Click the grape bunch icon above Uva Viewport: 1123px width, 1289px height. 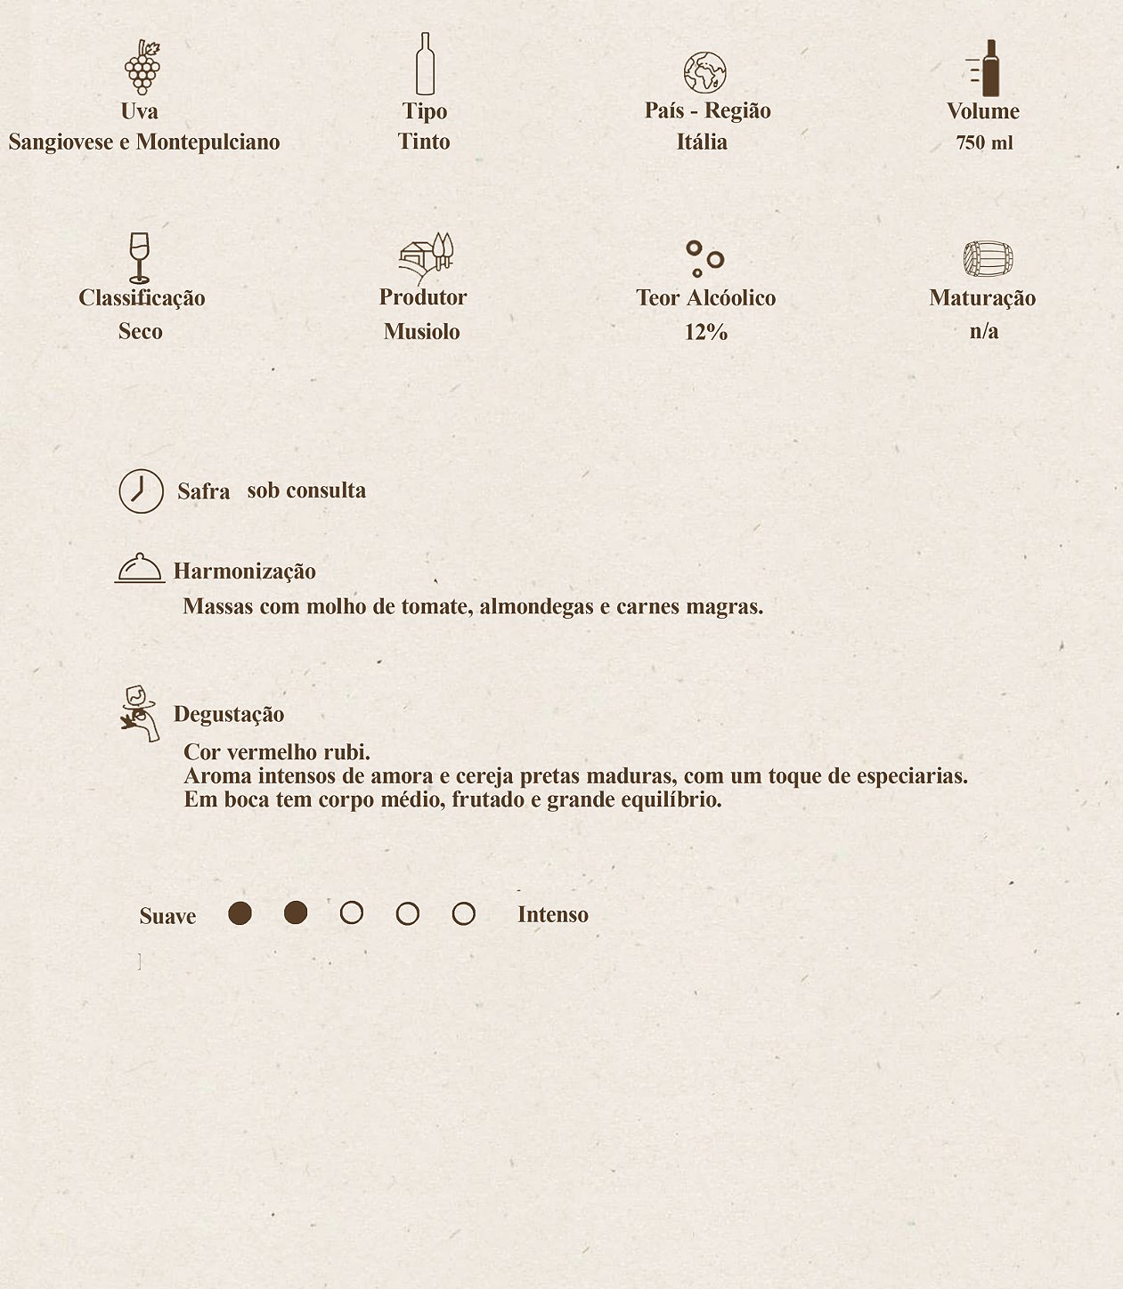[x=142, y=68]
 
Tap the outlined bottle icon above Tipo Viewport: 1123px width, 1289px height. [x=425, y=64]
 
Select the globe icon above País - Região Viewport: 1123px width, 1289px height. [x=704, y=72]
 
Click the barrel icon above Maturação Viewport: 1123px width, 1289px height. [x=988, y=259]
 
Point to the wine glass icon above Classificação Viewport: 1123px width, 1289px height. [x=139, y=257]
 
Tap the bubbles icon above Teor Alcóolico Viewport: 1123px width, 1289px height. [x=704, y=258]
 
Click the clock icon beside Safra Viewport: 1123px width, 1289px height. [x=142, y=490]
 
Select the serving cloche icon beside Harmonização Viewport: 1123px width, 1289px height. [x=140, y=568]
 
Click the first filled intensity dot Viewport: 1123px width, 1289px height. [x=240, y=913]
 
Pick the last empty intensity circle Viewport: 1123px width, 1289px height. [x=463, y=913]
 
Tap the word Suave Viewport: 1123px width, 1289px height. [x=167, y=916]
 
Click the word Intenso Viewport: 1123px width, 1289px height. [x=552, y=914]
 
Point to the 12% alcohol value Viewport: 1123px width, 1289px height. [x=706, y=332]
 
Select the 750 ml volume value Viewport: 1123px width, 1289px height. [x=984, y=142]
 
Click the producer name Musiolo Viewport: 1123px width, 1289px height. [x=422, y=331]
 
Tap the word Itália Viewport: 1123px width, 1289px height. [x=702, y=142]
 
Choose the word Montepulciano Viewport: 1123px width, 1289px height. [x=208, y=142]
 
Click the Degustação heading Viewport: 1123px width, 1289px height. [x=229, y=714]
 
